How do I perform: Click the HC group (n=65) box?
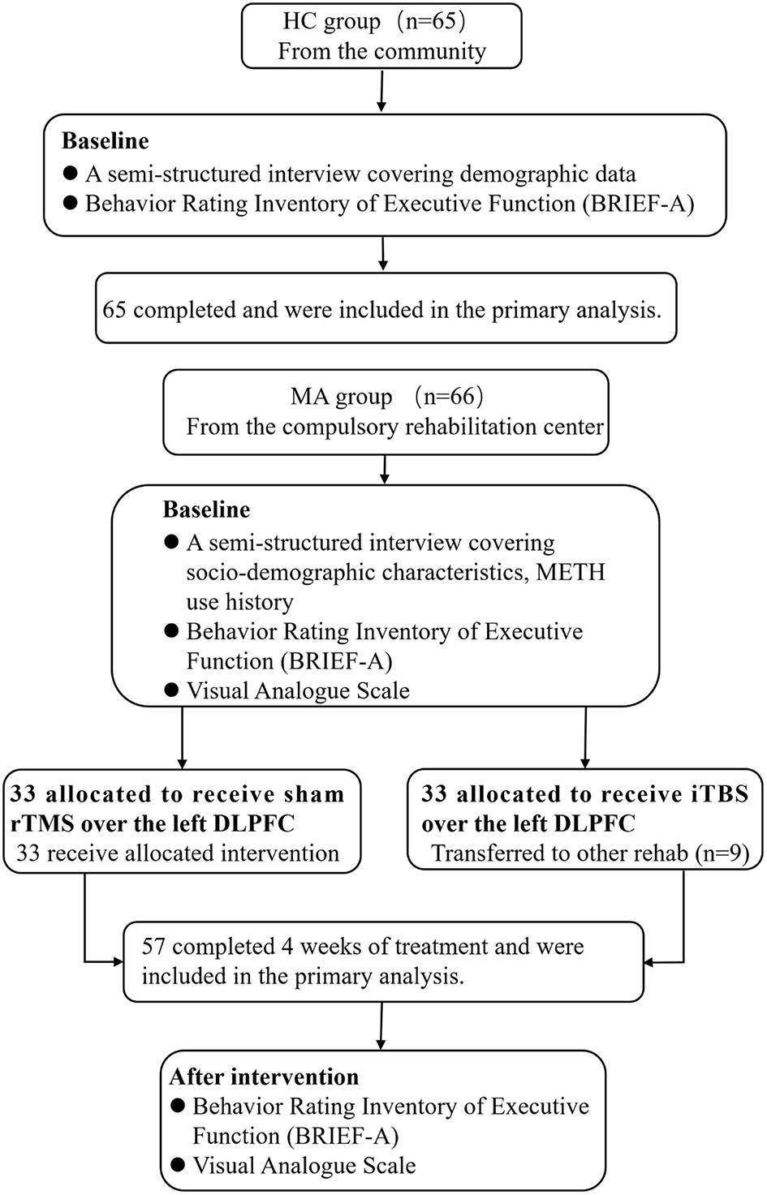[381, 37]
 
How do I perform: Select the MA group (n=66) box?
[386, 412]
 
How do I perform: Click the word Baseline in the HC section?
[106, 141]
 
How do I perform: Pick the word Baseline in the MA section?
[206, 509]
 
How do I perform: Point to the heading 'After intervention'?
[264, 1077]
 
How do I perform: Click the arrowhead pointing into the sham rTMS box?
[182, 763]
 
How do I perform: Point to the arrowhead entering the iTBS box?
[584, 763]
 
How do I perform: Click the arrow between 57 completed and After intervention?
[381, 1026]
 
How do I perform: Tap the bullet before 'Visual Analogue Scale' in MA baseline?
[170, 690]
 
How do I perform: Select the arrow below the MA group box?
[386, 468]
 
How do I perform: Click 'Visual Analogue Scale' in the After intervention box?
[304, 1166]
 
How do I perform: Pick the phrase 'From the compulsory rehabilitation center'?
[394, 427]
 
